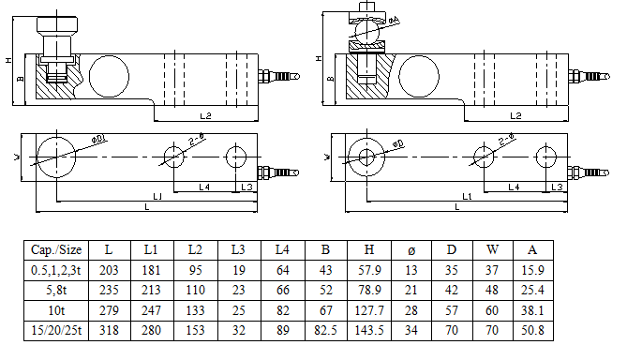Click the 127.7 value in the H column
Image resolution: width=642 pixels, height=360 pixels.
(x=369, y=310)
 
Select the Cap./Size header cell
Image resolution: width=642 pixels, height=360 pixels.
(x=56, y=249)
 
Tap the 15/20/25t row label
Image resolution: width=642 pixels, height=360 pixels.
(x=56, y=330)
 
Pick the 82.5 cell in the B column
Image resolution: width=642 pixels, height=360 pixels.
(x=325, y=330)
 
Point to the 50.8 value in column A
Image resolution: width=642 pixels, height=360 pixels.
(x=532, y=330)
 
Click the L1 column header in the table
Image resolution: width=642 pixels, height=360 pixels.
(x=151, y=249)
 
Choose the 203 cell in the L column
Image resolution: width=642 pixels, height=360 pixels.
(x=109, y=270)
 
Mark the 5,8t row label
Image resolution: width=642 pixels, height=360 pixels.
(x=56, y=291)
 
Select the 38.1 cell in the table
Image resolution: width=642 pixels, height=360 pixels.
(x=532, y=310)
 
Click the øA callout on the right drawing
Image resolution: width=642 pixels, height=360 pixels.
(x=394, y=20)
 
